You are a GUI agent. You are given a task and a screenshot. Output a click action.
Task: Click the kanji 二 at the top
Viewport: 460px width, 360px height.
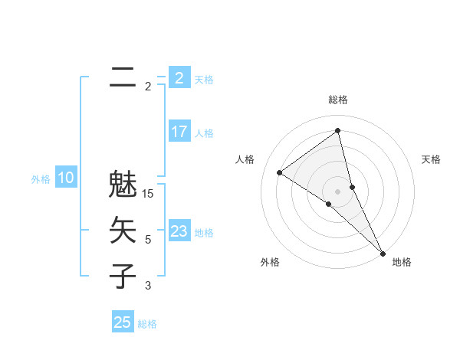point(123,77)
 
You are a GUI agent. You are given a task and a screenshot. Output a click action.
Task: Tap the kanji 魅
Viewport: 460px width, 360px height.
point(123,185)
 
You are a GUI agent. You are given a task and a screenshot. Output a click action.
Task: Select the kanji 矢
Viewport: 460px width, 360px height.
point(123,230)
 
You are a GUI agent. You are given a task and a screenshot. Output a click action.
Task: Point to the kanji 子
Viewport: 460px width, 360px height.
point(123,275)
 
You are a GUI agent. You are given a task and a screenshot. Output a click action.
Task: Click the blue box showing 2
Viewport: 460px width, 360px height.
point(179,78)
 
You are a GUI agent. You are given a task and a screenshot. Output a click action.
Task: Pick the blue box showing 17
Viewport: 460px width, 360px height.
point(179,132)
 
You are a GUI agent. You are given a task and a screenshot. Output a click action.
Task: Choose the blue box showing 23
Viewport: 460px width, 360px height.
point(179,231)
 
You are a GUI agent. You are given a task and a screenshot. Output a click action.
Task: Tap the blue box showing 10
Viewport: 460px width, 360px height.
point(66,178)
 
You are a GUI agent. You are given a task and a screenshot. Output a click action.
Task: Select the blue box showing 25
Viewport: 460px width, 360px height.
point(123,322)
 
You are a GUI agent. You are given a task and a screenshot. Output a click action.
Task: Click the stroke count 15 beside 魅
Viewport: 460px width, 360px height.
point(149,194)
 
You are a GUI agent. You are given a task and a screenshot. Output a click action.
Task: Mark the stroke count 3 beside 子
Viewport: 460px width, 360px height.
point(148,286)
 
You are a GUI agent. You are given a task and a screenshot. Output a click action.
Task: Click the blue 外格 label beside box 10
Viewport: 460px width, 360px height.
point(41,179)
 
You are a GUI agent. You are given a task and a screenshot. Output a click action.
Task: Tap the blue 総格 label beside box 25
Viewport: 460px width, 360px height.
point(147,324)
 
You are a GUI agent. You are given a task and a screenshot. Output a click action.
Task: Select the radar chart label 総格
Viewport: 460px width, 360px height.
point(337,100)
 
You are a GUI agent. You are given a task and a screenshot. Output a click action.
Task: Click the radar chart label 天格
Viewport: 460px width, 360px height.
point(431,159)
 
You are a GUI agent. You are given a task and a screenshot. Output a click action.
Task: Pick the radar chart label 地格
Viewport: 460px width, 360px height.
point(402,262)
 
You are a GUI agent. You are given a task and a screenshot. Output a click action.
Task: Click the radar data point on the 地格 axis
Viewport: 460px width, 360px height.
point(383,252)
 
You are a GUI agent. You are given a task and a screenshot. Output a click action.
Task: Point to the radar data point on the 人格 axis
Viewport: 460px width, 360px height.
point(279,172)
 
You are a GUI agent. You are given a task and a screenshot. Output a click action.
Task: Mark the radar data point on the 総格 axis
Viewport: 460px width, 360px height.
point(337,131)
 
